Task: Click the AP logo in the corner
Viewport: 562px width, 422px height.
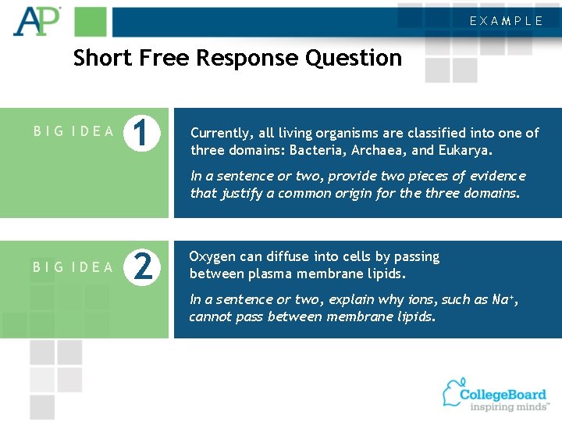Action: click(x=36, y=21)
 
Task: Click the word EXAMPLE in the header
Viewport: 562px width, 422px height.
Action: click(x=507, y=21)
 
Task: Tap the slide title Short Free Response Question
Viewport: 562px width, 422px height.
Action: click(x=237, y=58)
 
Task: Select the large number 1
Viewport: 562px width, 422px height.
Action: click(x=142, y=132)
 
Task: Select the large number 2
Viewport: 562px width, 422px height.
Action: click(x=142, y=266)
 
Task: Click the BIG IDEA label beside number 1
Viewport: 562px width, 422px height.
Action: click(x=74, y=131)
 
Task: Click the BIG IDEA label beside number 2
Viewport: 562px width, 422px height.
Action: click(x=74, y=267)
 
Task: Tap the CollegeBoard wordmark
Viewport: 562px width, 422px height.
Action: click(x=503, y=393)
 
